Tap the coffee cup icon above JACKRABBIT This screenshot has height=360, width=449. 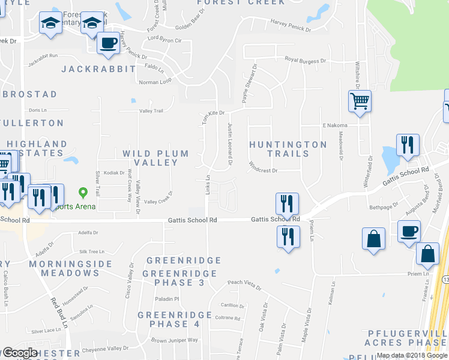[x=109, y=43]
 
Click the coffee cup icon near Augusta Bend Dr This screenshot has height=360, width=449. [x=409, y=231]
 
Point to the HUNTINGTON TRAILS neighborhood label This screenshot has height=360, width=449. [x=288, y=149]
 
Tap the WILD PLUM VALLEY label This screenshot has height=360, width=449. [x=155, y=158]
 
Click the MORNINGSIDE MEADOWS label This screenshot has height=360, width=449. [x=63, y=268]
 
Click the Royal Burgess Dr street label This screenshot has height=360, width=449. [x=305, y=61]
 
